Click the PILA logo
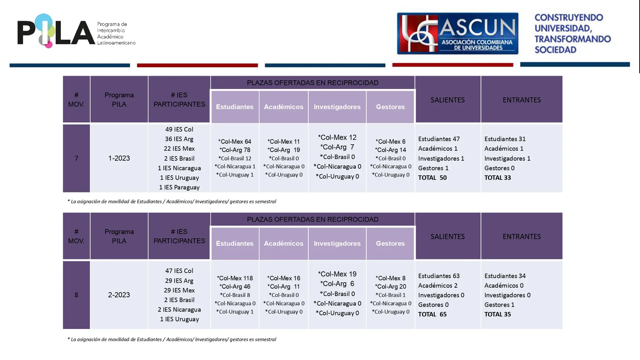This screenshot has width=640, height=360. (x=76, y=31)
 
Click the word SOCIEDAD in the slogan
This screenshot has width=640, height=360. (x=555, y=50)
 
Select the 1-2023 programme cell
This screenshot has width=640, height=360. (x=119, y=158)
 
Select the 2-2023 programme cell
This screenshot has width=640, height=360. (x=119, y=295)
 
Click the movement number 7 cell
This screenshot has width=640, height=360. (x=76, y=158)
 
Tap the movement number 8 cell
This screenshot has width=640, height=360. (x=76, y=295)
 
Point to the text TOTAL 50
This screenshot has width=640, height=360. (x=432, y=178)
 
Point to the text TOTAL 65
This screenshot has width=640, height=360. (x=432, y=314)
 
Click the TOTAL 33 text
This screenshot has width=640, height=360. (x=498, y=178)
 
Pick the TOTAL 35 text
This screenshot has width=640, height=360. (x=498, y=314)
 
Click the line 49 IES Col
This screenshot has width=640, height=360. (x=179, y=129)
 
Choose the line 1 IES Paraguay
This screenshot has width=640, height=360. (x=179, y=188)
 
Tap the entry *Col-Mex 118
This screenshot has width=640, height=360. (x=235, y=278)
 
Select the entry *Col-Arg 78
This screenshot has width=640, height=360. (x=235, y=150)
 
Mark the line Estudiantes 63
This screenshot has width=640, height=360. (x=439, y=276)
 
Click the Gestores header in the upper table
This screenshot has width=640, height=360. (x=390, y=107)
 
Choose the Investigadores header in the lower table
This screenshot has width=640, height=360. (x=337, y=244)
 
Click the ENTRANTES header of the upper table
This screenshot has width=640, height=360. (x=522, y=100)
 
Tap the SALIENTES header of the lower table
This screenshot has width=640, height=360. (x=448, y=236)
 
